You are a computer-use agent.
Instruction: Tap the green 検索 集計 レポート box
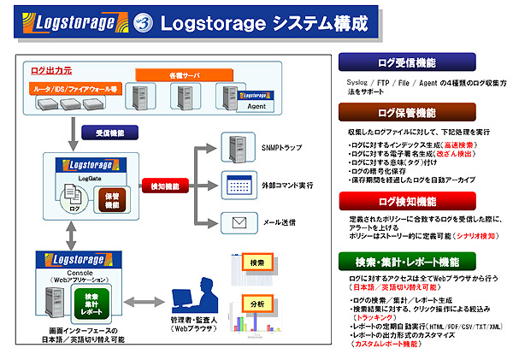pos(91,303)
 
